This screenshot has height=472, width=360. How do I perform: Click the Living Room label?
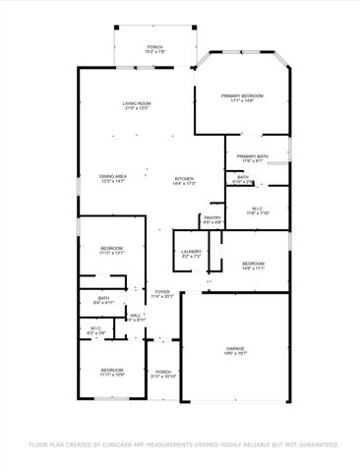137,104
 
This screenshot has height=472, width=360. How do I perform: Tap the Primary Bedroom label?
242,95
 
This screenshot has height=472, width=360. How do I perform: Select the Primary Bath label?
253,156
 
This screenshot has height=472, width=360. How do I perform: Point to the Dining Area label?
113,177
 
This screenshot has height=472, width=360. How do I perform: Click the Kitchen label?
185,178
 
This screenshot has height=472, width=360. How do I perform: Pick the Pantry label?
212,219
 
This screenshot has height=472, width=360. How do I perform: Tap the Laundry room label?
191,252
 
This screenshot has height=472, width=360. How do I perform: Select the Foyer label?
162,291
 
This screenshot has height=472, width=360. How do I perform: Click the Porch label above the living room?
154,46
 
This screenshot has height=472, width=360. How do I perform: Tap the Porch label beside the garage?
162,372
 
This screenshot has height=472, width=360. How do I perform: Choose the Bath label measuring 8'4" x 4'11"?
103,298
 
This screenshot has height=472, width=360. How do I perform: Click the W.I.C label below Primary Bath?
257,208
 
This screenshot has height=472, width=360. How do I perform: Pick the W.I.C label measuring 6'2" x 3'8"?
95,329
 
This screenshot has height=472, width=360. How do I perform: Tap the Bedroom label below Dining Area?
111,248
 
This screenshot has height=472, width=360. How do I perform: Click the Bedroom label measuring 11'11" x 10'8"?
111,370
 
